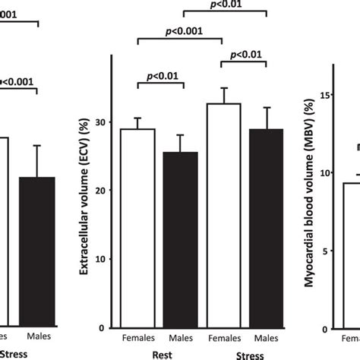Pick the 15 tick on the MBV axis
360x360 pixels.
pyautogui.click(x=324, y=94)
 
